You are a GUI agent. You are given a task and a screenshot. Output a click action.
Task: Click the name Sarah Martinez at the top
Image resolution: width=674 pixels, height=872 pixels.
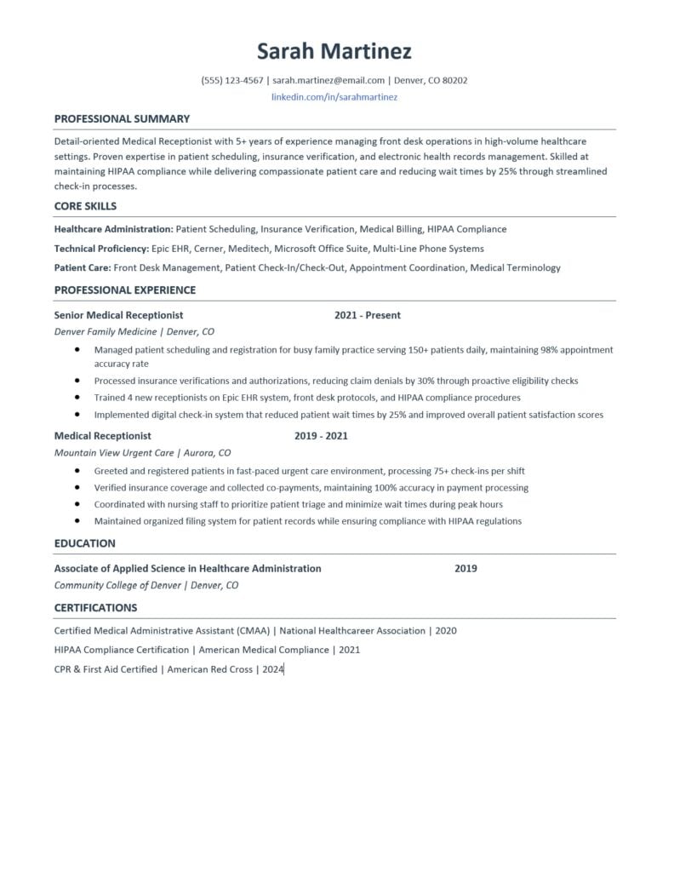[334, 51]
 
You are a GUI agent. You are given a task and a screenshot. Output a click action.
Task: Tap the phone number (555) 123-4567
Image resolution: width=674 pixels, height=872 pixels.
[232, 81]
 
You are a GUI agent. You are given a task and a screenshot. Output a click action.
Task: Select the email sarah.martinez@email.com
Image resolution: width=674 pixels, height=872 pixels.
[328, 81]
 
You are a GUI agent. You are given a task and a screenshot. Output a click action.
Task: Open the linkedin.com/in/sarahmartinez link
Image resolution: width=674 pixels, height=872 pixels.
[334, 97]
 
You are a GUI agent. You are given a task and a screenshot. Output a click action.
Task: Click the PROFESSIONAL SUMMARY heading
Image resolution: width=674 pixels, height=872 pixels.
[122, 119]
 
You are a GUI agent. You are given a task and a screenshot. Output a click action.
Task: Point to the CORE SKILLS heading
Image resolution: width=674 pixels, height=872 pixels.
[85, 206]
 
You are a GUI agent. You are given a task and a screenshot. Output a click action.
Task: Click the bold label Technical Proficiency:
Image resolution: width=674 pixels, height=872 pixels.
[100, 249]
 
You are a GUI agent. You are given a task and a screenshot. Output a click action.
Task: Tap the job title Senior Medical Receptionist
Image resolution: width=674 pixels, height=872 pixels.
[118, 315]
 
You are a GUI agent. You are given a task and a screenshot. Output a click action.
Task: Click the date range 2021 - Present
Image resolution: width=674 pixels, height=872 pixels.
[368, 315]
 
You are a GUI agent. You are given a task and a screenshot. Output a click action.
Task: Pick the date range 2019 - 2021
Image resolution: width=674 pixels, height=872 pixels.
[321, 436]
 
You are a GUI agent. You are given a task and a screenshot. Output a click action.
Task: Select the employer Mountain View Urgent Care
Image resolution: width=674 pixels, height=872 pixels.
[111, 453]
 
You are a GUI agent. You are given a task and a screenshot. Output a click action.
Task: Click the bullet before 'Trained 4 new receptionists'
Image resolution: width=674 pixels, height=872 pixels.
[77, 398]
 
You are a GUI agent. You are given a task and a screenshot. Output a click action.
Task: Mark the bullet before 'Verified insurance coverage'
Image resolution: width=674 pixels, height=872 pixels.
[77, 488]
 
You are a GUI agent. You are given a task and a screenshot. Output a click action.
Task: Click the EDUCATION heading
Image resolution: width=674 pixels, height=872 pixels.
[84, 543]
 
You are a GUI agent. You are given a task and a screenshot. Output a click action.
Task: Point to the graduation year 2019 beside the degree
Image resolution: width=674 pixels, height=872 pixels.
[466, 569]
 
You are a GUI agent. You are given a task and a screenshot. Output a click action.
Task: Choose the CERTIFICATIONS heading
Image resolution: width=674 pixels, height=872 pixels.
[95, 608]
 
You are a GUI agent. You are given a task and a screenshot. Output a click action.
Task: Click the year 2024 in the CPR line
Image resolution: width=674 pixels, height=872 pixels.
[272, 669]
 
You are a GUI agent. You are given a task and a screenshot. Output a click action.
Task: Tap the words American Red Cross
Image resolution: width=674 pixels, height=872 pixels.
[210, 669]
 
